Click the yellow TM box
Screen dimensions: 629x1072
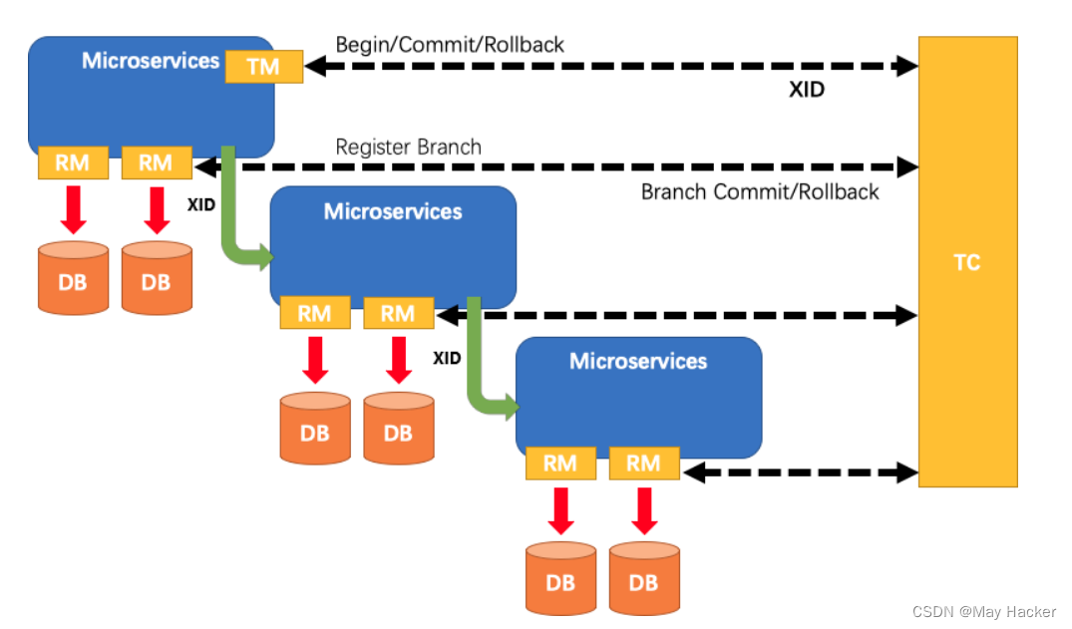tap(263, 67)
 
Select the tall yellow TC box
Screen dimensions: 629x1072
tap(967, 261)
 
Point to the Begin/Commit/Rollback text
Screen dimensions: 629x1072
tap(450, 45)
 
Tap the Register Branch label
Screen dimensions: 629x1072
tap(408, 148)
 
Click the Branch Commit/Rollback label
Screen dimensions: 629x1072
tap(760, 191)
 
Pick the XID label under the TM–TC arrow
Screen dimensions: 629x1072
tap(807, 90)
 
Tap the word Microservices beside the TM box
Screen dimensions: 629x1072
tap(151, 61)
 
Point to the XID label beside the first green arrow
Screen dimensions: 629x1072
tap(201, 204)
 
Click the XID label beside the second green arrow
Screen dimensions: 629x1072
tap(447, 357)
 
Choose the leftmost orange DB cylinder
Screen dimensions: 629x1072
tap(72, 278)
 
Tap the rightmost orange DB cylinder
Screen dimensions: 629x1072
tap(643, 577)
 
